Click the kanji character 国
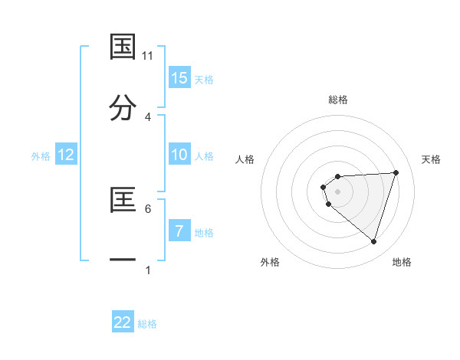[x=123, y=46]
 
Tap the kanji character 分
[x=123, y=108]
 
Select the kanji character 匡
[x=123, y=199]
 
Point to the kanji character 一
[x=123, y=261]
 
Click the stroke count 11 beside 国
[x=148, y=56]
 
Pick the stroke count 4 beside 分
[x=148, y=117]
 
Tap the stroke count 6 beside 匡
[x=148, y=208]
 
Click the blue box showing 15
[x=179, y=77]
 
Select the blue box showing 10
[x=179, y=155]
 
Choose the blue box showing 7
[x=179, y=231]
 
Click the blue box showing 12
[x=66, y=155]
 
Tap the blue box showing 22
[x=123, y=322]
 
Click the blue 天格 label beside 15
[x=203, y=79]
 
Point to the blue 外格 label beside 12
[x=41, y=156]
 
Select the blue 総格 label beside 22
[x=147, y=324]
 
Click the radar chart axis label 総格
[x=338, y=100]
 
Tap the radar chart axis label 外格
[x=270, y=262]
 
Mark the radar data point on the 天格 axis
[x=396, y=172]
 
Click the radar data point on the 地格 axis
[x=373, y=241]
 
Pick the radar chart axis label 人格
[x=245, y=159]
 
